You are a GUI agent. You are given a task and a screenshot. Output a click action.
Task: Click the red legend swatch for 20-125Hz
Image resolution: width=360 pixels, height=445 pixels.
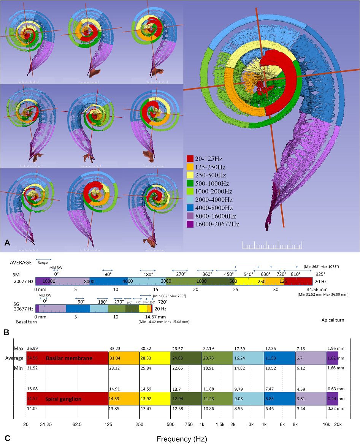pyautogui.click(x=190, y=158)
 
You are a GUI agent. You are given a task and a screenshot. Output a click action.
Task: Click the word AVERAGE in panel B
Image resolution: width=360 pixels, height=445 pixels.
pyautogui.click(x=21, y=262)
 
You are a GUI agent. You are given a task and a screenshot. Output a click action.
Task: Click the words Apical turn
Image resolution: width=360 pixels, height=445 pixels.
pyautogui.click(x=333, y=320)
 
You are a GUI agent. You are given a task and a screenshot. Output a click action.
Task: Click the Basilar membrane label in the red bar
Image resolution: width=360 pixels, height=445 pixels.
pyautogui.click(x=65, y=358)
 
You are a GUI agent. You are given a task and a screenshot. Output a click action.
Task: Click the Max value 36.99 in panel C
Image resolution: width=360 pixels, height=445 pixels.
pyautogui.click(x=32, y=348)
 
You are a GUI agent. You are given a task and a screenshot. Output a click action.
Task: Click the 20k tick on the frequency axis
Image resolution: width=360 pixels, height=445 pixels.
pyautogui.click(x=338, y=424)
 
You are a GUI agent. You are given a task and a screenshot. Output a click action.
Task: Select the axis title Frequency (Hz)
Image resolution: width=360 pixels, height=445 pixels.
pyautogui.click(x=180, y=439)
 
